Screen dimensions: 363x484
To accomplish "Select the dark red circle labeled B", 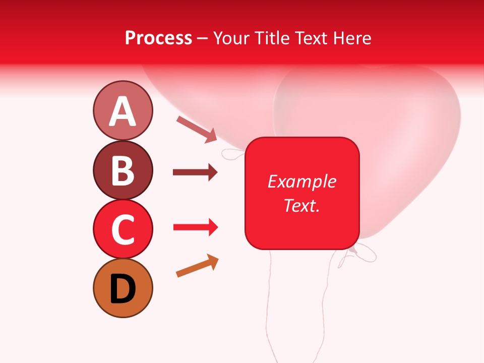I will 123,170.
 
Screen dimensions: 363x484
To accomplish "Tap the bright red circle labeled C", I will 123,229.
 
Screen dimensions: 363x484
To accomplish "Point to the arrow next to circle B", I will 195,172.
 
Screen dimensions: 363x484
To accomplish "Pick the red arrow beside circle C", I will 195,228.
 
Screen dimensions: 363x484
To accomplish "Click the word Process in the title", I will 158,38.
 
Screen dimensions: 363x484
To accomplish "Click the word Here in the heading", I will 352,38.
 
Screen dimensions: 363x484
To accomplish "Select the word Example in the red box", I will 301,181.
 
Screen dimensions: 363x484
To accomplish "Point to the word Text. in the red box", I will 301,205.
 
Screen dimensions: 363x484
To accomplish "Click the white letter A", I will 123,111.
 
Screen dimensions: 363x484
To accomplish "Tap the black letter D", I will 123,289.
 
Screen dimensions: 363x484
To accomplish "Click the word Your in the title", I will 231,38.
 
